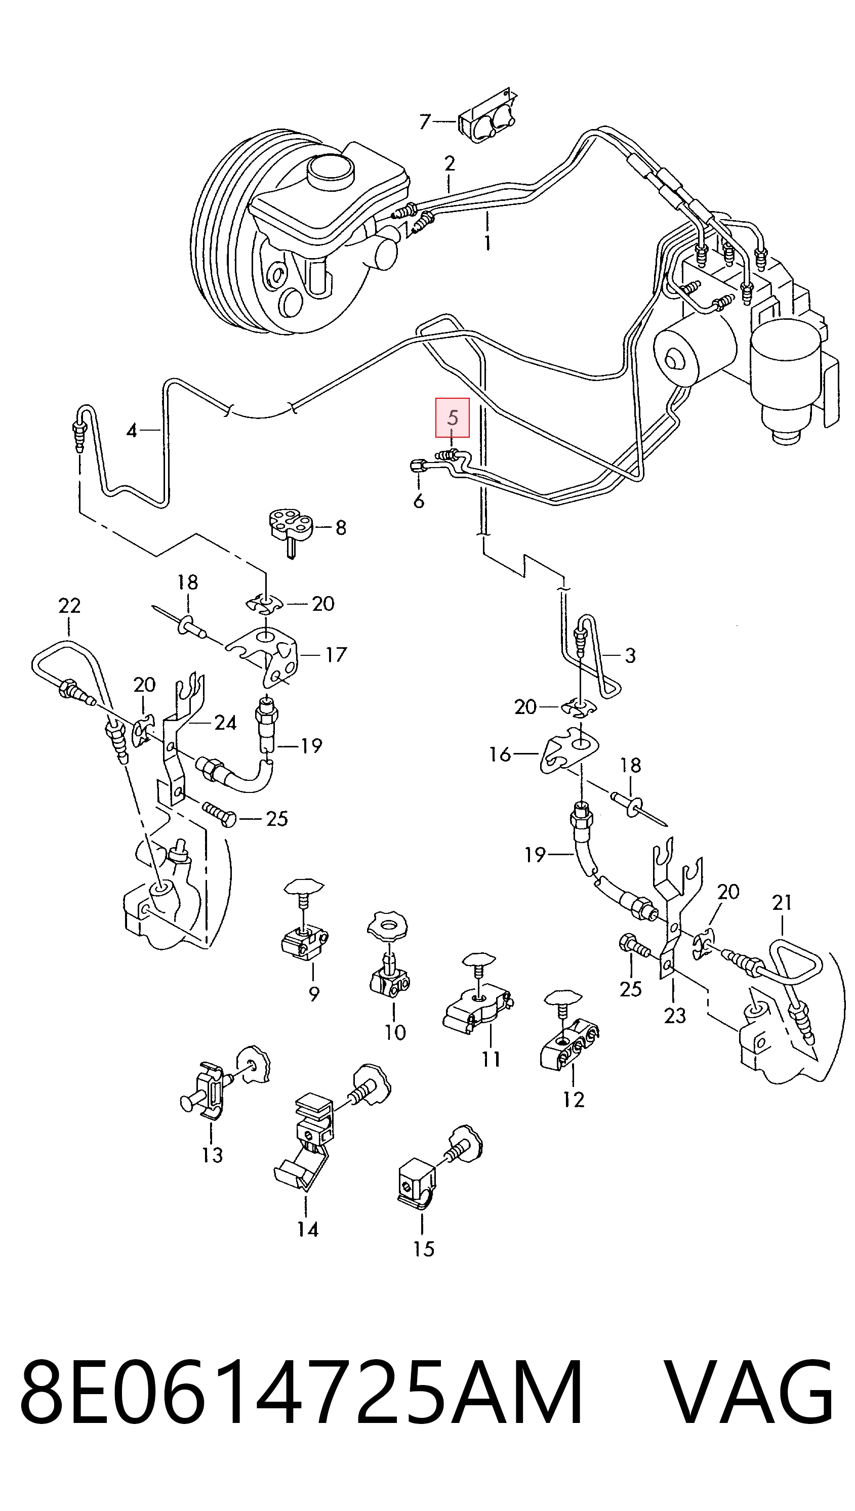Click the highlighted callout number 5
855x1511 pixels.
point(452,417)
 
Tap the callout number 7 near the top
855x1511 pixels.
point(425,121)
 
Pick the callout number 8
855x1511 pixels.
point(341,527)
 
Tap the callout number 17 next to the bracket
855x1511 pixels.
point(336,654)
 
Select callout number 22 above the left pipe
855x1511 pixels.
point(69,605)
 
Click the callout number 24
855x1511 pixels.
point(225,723)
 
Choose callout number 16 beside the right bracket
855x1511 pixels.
point(500,754)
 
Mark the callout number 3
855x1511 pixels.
point(630,655)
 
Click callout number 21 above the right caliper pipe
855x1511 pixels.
point(782,902)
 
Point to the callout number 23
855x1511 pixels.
point(675,1015)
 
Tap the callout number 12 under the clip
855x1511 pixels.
point(573,1099)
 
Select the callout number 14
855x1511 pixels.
point(308,1229)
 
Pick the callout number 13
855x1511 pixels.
point(212,1155)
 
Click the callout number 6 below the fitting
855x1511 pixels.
point(418,501)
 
